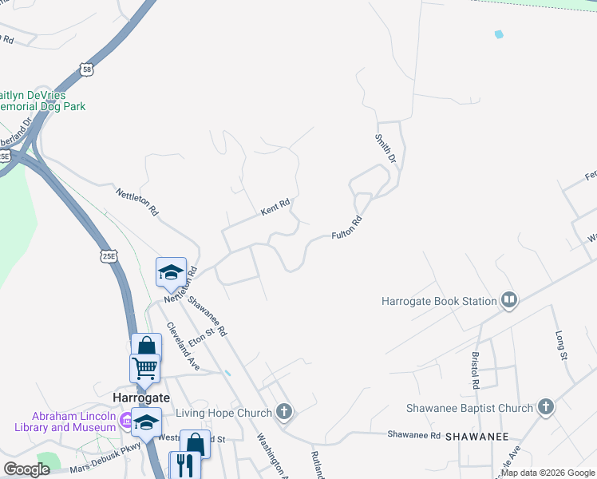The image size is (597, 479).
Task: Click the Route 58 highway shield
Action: pyautogui.click(x=87, y=70)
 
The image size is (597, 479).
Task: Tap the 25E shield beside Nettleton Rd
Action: pyautogui.click(x=109, y=256)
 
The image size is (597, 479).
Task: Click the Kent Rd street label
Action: pyautogui.click(x=274, y=209)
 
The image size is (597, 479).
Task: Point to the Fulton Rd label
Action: pyautogui.click(x=347, y=229)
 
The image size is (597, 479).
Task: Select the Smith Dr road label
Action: pyautogui.click(x=385, y=148)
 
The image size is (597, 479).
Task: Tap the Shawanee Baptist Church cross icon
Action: pyautogui.click(x=546, y=408)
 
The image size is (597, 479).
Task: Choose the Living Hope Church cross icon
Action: pyautogui.click(x=283, y=412)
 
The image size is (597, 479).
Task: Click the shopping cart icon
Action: pyautogui.click(x=144, y=368)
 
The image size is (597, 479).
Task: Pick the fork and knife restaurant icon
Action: pyautogui.click(x=184, y=464)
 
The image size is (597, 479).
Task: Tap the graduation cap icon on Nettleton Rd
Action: pyautogui.click(x=171, y=272)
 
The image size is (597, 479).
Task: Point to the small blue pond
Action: pyautogui.click(x=500, y=34)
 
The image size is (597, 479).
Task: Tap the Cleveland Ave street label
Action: pyautogui.click(x=183, y=346)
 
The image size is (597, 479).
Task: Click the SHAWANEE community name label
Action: pyautogui.click(x=477, y=437)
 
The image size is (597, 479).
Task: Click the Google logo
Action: pyautogui.click(x=27, y=469)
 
